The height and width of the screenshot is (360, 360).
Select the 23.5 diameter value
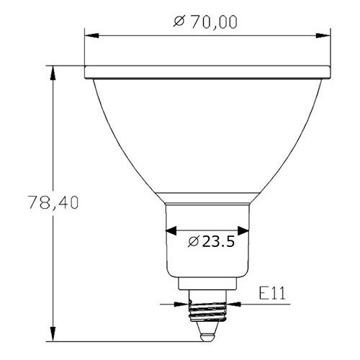pyautogui.click(x=218, y=241)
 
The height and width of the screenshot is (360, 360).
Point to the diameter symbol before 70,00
pyautogui.click(x=181, y=22)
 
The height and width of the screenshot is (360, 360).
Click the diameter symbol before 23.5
pyautogui.click(x=192, y=241)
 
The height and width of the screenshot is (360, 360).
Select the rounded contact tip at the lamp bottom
pyautogui.click(x=207, y=334)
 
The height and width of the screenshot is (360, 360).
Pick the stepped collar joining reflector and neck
pyautogui.click(x=207, y=197)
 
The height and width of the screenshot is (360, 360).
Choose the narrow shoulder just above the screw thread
pyautogui.click(x=207, y=286)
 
